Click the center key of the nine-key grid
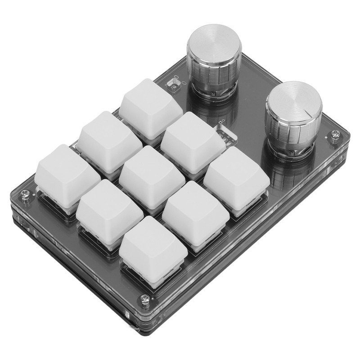[145, 175]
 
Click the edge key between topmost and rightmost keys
[193, 137]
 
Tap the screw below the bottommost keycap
[145, 297]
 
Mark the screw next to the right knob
[333, 133]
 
